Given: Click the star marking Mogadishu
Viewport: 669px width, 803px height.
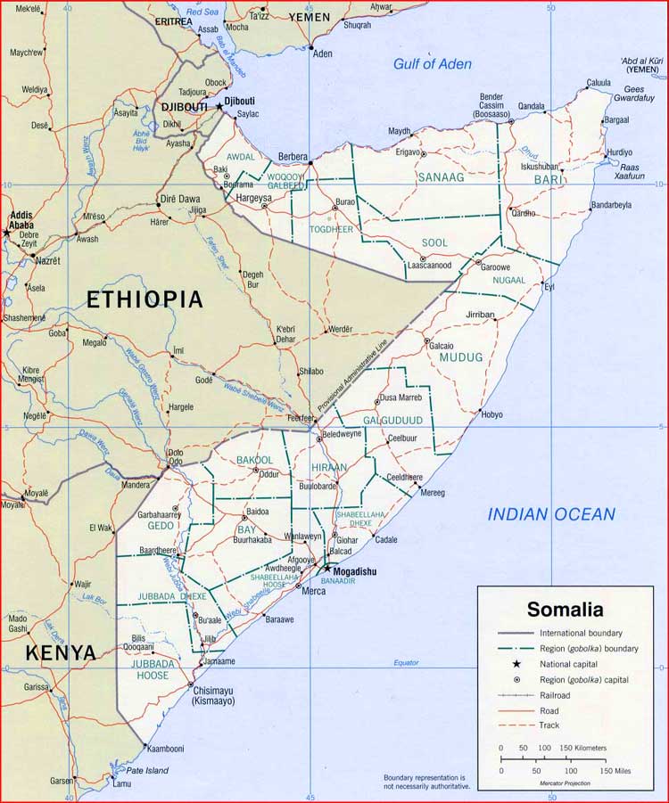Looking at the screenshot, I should click(x=326, y=568).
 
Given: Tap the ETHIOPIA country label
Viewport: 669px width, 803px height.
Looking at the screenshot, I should click(x=145, y=299).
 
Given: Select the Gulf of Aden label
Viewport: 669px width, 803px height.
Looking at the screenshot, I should click(x=433, y=63).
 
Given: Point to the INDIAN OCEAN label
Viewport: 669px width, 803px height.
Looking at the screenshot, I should click(x=550, y=514).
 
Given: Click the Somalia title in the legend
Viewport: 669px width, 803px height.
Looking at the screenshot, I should click(x=565, y=610).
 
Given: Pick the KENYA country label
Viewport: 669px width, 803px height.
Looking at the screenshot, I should click(x=61, y=653).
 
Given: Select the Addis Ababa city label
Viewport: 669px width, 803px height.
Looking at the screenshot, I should click(x=21, y=220).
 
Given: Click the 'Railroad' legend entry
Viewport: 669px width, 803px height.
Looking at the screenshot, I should click(x=555, y=694).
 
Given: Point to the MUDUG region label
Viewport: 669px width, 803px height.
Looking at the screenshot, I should click(x=460, y=357).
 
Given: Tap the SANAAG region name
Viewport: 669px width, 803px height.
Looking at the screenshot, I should click(x=441, y=177).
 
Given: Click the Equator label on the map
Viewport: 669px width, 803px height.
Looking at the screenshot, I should click(x=406, y=662).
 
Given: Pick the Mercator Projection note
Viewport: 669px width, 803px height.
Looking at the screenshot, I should click(x=565, y=782).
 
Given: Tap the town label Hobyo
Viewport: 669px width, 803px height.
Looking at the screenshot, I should click(x=491, y=414).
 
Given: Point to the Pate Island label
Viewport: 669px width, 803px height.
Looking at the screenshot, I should click(x=146, y=770).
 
